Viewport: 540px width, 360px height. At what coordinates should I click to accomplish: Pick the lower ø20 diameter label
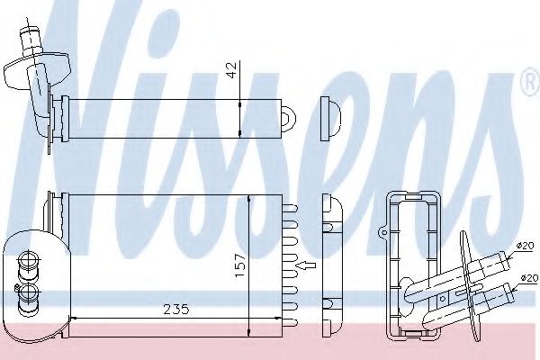click(x=526, y=279)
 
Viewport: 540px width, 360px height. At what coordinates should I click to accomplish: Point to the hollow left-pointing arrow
click(x=307, y=265)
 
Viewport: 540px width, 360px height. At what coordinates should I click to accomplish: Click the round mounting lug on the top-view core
click(x=290, y=116)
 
